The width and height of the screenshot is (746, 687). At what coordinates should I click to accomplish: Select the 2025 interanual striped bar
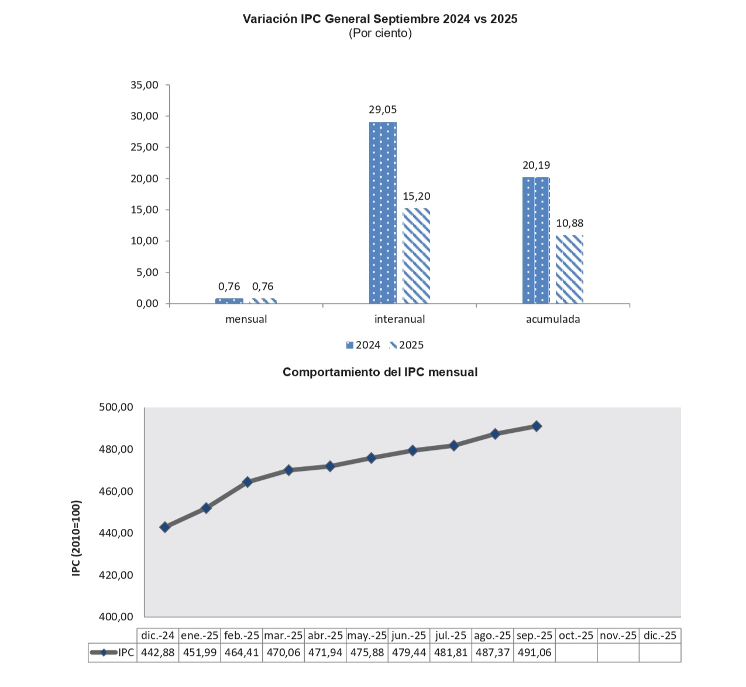point(416,256)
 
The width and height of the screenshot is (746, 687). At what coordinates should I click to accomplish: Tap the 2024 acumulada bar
point(536,240)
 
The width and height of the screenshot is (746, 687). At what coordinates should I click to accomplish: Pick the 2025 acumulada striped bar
point(569,269)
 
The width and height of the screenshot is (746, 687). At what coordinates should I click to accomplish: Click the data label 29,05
point(383,110)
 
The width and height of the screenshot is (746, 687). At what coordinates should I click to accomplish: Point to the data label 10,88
point(569,223)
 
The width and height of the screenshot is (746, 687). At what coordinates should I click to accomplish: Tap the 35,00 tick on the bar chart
point(145,85)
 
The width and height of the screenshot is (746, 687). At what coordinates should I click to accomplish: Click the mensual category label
point(246,319)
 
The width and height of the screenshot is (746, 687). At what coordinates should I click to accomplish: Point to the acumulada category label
point(553,319)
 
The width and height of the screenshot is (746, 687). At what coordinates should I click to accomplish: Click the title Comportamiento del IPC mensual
point(380,372)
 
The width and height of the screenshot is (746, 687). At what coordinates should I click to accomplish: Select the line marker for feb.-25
point(247,482)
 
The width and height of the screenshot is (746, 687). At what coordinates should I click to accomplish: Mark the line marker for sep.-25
point(537,426)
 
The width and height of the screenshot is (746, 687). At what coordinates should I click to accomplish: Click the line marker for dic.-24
point(165,527)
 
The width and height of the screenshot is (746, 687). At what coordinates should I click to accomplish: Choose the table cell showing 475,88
point(367,652)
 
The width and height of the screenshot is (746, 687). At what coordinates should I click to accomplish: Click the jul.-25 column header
point(451,635)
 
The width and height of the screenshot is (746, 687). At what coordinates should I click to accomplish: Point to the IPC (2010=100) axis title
point(76,538)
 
